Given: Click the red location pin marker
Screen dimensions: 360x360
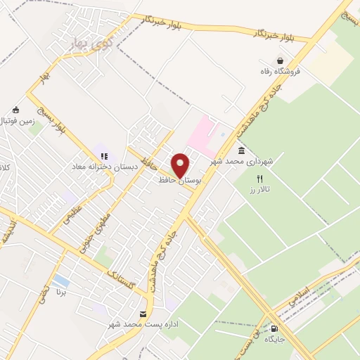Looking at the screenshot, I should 181,165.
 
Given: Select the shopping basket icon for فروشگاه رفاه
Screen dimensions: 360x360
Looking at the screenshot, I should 281,61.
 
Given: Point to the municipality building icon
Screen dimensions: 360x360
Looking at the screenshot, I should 242,151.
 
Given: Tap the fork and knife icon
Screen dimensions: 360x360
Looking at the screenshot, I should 259,179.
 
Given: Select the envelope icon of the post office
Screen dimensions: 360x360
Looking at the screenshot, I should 143,314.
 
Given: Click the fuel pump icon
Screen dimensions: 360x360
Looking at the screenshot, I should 274,328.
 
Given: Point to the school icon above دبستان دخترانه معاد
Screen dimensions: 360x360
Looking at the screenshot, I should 104,156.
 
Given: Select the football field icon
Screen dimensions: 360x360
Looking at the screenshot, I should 16,110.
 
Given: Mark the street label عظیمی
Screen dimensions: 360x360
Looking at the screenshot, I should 75,213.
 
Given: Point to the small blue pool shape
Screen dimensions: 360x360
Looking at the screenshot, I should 62,281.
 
